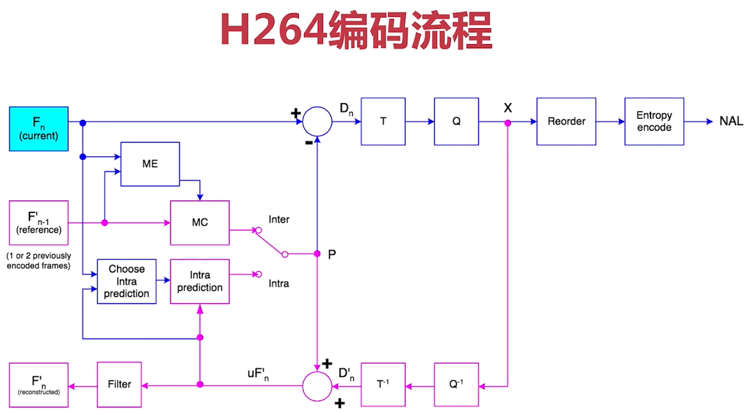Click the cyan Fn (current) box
point(39,129)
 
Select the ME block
point(150,164)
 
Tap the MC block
point(200,223)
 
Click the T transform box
point(383,122)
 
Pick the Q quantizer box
point(456,122)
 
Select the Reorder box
point(566,122)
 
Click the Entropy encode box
point(654,122)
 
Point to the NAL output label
point(731,122)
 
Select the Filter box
point(120,384)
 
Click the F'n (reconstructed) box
point(39,385)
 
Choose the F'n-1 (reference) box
point(39,223)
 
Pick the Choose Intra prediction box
point(126,281)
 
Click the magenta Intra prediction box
point(200,281)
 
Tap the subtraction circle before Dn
point(318,122)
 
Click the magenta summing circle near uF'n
point(318,385)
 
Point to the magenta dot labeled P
point(317,254)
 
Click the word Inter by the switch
point(279,220)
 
